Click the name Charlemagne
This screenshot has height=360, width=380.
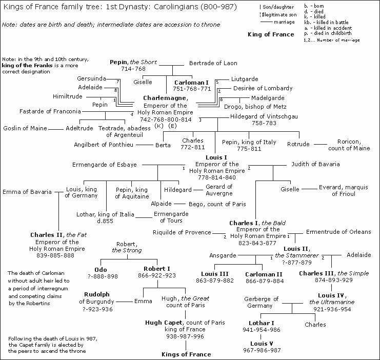(165, 98)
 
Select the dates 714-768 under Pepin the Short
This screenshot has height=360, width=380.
(133, 69)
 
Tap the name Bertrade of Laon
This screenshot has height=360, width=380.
(213, 63)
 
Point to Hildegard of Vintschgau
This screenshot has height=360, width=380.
(264, 116)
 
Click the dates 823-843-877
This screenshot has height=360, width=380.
(257, 243)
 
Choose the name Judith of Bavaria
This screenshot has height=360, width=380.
(315, 164)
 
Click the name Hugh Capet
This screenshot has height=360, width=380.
(164, 323)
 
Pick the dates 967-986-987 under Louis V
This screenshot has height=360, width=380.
(262, 350)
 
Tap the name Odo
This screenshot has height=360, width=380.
(101, 270)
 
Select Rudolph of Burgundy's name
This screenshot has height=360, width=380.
(97, 298)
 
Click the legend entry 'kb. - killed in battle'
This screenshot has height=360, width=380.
(326, 22)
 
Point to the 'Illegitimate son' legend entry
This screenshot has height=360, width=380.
(279, 15)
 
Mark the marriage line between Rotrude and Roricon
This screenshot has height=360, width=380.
(321, 145)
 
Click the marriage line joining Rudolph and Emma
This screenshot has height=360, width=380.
(124, 302)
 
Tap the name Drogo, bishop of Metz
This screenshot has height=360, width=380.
(255, 107)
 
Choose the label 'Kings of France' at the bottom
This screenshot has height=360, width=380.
(186, 354)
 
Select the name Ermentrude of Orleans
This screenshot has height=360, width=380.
(338, 232)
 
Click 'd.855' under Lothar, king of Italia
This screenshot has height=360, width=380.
(105, 221)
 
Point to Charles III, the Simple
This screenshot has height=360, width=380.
(334, 273)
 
